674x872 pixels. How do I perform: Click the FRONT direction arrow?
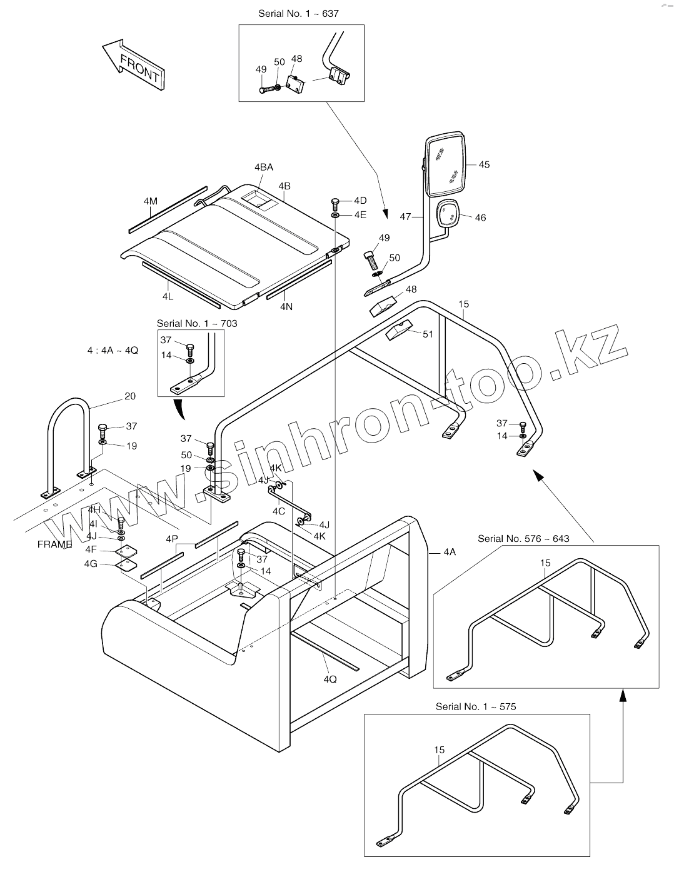click(x=133, y=65)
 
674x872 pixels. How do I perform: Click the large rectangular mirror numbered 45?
click(x=446, y=164)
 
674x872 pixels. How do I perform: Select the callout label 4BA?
click(x=263, y=168)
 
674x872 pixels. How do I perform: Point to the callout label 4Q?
click(x=330, y=679)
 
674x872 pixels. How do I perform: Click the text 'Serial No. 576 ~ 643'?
click(x=523, y=538)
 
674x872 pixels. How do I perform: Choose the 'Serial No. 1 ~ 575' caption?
click(x=476, y=706)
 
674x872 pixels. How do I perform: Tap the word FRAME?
click(x=54, y=544)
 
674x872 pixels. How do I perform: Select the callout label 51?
click(x=428, y=334)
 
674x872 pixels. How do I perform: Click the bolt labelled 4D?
click(x=334, y=203)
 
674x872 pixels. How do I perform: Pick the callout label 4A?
click(x=450, y=552)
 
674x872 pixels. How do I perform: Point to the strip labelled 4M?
click(x=168, y=209)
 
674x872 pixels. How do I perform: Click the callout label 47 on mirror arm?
click(x=406, y=216)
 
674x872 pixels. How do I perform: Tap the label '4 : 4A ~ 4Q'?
click(x=113, y=351)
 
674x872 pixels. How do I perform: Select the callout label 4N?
click(x=286, y=307)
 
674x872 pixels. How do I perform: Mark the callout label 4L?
click(x=168, y=296)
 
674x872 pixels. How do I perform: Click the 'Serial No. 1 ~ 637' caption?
click(x=298, y=13)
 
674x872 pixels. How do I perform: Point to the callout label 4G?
click(x=91, y=563)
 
